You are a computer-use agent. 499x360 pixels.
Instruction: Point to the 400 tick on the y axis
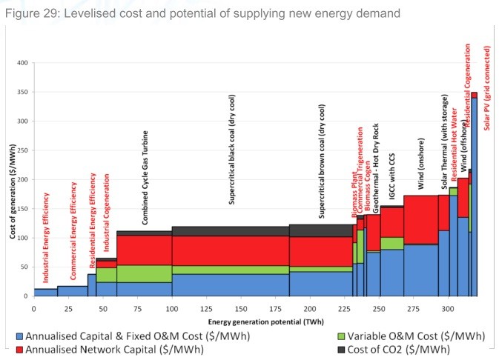point(23,63)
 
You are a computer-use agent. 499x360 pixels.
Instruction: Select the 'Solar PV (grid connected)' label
point(487,87)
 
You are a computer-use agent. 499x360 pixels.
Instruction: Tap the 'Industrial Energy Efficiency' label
point(46,237)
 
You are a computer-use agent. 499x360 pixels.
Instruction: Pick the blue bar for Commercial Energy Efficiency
point(73,291)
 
